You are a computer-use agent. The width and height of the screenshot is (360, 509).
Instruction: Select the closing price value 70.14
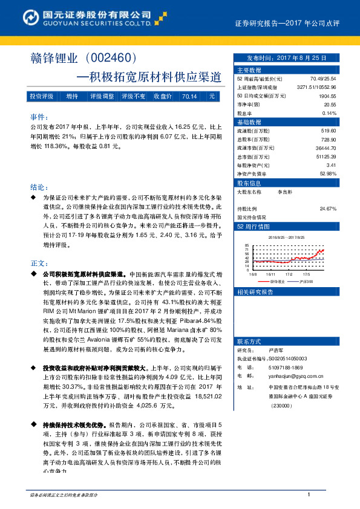pyautogui.click(x=189, y=96)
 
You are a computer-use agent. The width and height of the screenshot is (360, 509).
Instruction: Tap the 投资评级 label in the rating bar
pyautogui.click(x=42, y=96)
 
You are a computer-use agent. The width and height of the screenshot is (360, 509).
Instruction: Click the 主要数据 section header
pyautogui.click(x=249, y=70)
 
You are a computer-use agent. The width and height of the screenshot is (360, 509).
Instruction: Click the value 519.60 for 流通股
pyautogui.click(x=329, y=131)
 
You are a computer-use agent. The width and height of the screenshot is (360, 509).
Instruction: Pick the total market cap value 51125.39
pyautogui.click(x=325, y=156)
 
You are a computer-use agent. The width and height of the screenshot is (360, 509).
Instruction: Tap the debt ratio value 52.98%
pyautogui.click(x=327, y=173)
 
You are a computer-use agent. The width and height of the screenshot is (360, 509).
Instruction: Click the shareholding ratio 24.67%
pyautogui.click(x=327, y=209)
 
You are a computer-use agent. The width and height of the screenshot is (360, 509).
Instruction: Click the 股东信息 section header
pyautogui.click(x=249, y=183)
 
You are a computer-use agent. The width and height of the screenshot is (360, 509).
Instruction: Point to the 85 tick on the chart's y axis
pyautogui.click(x=247, y=245)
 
